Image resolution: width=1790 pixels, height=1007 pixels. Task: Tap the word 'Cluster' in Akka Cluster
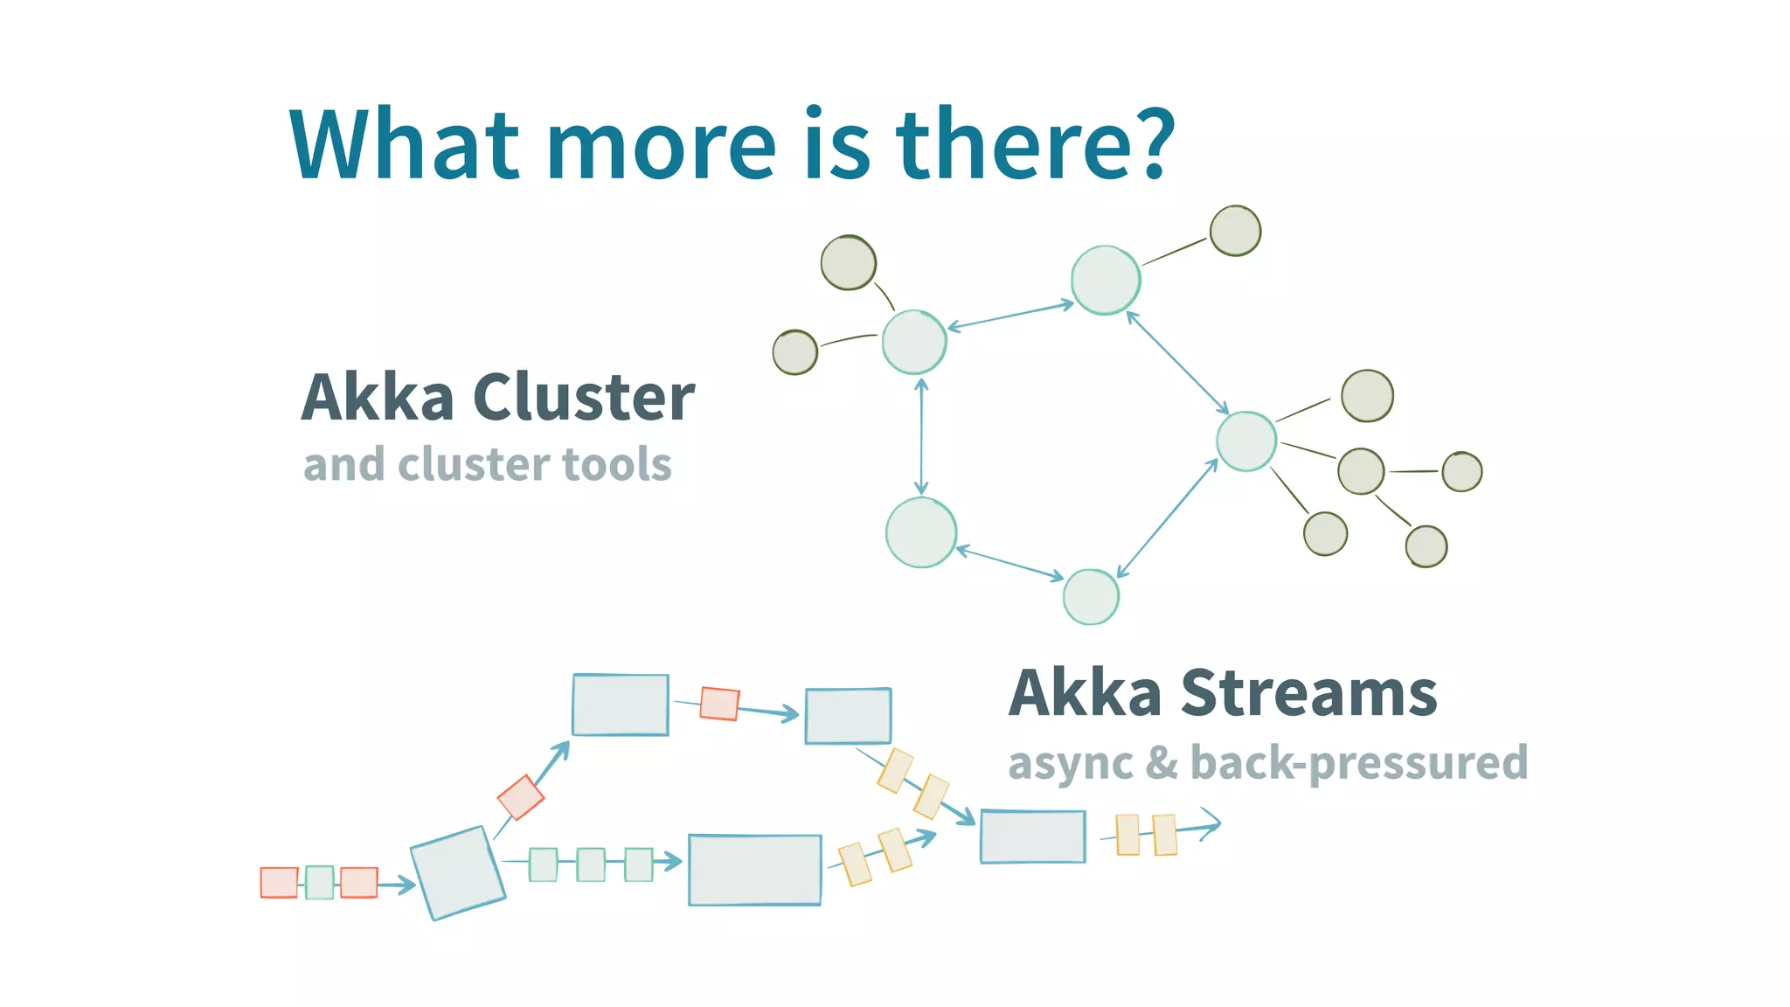tap(584, 398)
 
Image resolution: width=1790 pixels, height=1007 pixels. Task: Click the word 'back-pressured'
tap(1359, 763)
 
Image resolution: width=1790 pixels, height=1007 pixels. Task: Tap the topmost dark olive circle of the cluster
tap(1235, 231)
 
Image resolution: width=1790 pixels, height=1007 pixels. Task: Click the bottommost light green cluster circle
tap(1091, 597)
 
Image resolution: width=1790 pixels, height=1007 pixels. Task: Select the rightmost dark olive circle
tap(1461, 472)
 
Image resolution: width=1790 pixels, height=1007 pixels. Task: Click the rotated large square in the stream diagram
tap(458, 872)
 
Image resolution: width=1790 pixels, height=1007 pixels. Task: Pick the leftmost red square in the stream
tap(279, 882)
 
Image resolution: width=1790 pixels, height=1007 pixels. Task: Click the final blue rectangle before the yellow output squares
tap(1032, 837)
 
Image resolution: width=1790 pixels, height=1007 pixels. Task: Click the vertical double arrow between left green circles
tap(921, 436)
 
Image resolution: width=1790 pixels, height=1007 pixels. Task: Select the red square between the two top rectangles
tap(719, 704)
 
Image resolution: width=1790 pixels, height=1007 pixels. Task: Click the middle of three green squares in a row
tap(591, 865)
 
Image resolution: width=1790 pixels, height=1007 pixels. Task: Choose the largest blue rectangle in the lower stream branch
tap(754, 870)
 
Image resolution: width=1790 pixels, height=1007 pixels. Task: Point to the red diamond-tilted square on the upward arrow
tap(521, 797)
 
